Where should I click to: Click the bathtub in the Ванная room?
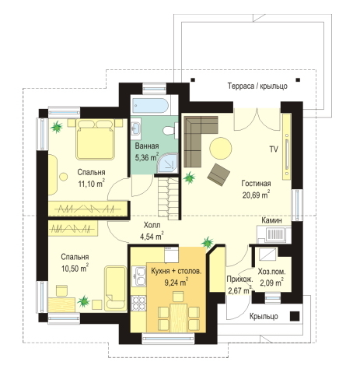151,106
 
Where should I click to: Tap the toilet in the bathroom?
170,130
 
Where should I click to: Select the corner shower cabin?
168,163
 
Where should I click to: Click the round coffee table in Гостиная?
221,148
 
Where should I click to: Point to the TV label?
274,149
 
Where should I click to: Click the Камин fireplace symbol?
274,234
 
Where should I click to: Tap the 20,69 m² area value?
256,195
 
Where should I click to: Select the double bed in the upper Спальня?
95,139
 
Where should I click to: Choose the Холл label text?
152,225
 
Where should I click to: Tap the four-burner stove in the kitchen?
139,303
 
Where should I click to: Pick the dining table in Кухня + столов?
179,318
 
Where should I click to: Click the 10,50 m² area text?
75,268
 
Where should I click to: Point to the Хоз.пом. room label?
272,272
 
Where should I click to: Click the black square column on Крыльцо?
295,316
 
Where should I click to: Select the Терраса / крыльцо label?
257,86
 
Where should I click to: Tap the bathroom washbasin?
135,127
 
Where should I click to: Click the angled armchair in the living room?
218,174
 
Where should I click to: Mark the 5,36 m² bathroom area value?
147,157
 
